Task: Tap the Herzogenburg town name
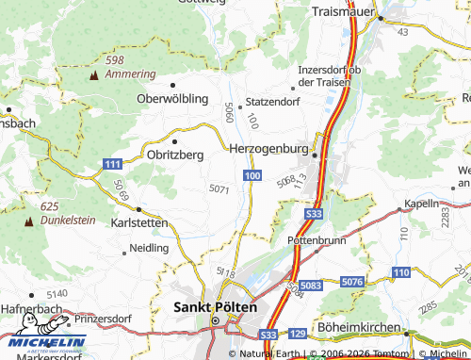(x=268, y=148)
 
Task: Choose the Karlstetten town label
(x=138, y=223)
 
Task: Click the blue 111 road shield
(x=112, y=164)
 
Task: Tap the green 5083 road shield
(x=312, y=284)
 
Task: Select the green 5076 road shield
(x=352, y=282)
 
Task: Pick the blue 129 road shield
(x=298, y=334)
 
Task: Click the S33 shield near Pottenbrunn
(x=315, y=215)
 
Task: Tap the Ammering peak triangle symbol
(x=93, y=74)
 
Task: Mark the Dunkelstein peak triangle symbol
(x=27, y=221)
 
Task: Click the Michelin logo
(x=43, y=342)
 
